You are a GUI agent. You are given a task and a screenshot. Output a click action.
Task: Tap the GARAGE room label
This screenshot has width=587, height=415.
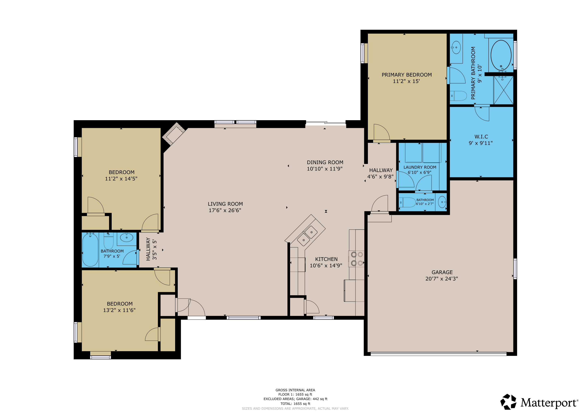(442, 272)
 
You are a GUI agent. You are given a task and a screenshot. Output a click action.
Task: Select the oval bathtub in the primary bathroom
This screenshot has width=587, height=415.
(501, 55)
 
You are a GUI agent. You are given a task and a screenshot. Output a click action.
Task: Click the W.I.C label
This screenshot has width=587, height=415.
(481, 137)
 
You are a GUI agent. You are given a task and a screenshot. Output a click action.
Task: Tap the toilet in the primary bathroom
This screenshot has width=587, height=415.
(458, 96)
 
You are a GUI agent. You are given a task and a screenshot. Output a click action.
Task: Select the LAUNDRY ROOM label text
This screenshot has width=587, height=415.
(420, 167)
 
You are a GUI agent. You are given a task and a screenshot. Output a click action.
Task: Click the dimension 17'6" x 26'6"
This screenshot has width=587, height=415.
(225, 210)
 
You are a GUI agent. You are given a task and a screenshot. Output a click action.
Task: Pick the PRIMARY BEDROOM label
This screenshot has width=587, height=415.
(407, 75)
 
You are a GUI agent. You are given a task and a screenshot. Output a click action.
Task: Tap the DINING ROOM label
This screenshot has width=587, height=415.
(325, 163)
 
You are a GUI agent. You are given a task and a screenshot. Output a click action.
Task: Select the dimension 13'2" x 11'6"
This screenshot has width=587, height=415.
(119, 310)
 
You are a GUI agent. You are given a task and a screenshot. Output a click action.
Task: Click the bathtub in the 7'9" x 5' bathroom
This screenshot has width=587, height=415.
(90, 250)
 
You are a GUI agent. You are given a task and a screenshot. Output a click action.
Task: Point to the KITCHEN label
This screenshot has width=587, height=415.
(326, 259)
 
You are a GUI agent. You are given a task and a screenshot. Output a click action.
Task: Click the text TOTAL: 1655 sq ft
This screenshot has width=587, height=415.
(295, 404)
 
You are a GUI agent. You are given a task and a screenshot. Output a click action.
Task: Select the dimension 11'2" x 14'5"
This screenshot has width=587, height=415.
(121, 179)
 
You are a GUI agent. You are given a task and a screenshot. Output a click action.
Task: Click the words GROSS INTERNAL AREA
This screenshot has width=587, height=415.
(295, 390)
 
